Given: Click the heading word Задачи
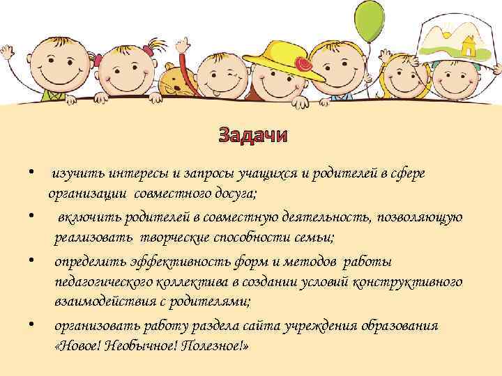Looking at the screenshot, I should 251,134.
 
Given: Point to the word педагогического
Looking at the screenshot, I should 105,282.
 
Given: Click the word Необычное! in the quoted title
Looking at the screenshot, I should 142,346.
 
